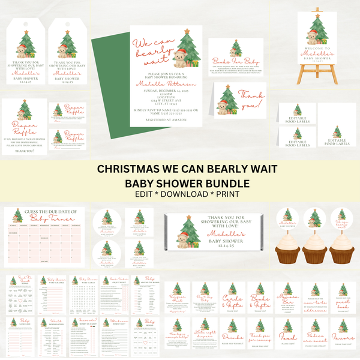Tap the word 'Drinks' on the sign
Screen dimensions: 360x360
point(232,337)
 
